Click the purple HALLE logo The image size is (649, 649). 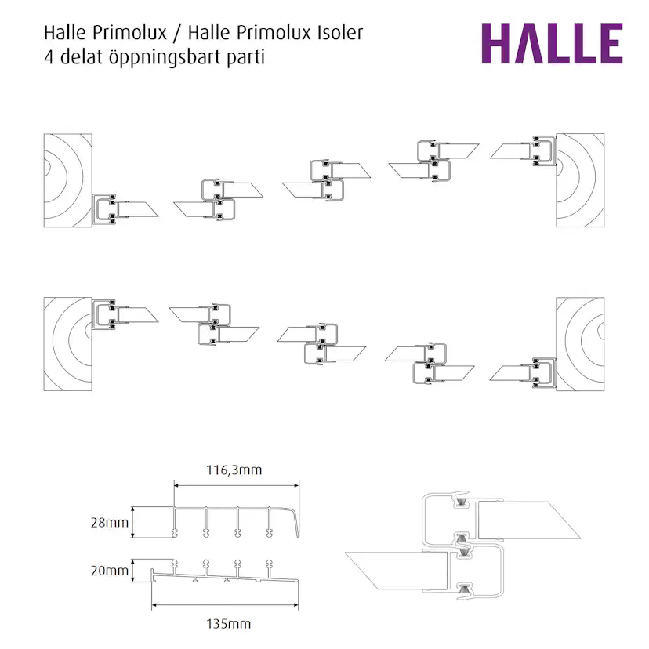click(551, 44)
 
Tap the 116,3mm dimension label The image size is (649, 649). click(236, 470)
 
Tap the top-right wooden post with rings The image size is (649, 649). click(581, 179)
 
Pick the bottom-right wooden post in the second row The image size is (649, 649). click(581, 343)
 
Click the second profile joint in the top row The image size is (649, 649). click(217, 197)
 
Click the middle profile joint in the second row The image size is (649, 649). click(321, 343)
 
